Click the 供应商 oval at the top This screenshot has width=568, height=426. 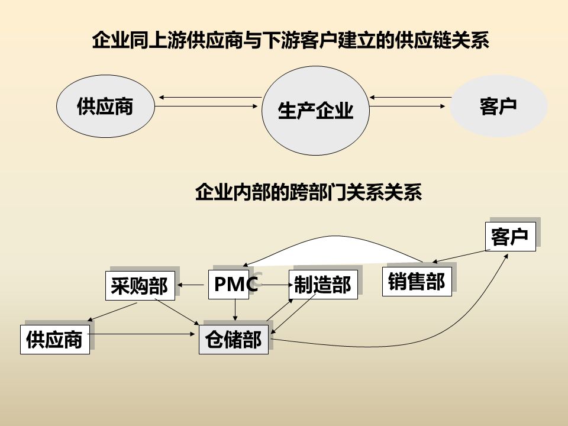(x=105, y=106)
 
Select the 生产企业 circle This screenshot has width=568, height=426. (x=315, y=111)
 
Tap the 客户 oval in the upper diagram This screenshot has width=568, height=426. (x=499, y=106)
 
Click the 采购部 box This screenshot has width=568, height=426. (x=139, y=286)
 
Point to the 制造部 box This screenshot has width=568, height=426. (x=323, y=285)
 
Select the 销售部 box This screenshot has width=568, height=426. (x=417, y=282)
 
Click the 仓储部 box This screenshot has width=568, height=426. (x=233, y=340)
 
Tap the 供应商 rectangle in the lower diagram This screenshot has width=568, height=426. (x=54, y=340)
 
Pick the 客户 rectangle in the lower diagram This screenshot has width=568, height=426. (x=510, y=237)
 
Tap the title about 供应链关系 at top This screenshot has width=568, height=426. (x=291, y=41)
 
